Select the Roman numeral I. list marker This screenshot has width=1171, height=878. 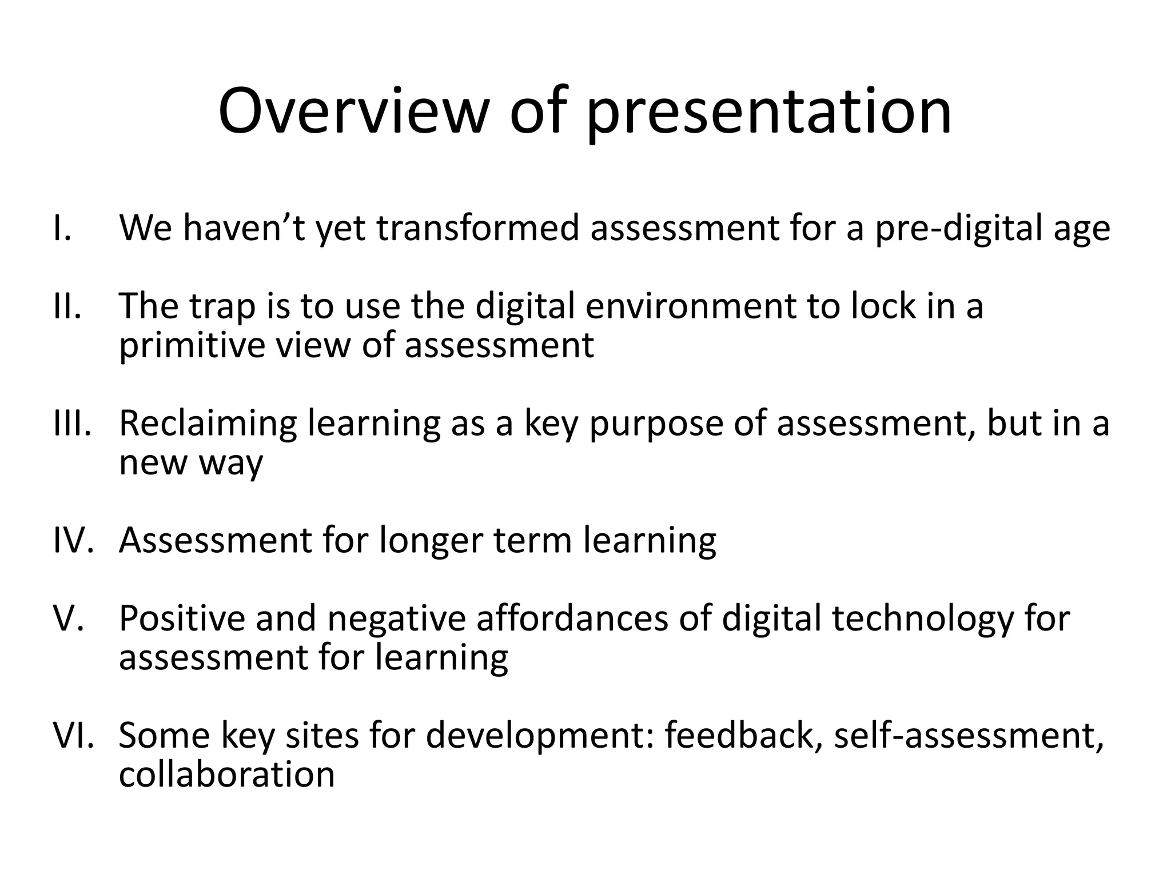62,228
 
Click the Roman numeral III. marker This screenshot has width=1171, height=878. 72,423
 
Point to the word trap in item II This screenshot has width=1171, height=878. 222,307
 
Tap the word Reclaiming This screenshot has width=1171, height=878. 208,424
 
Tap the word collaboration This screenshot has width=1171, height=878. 226,774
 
